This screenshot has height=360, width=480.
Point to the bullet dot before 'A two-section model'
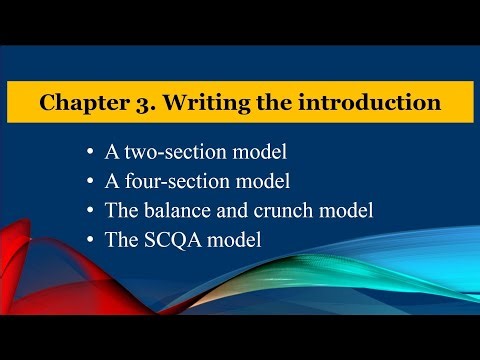[x=93, y=155]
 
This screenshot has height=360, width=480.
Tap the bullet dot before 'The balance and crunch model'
[x=93, y=213]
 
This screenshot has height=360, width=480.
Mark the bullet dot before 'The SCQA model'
[x=93, y=242]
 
